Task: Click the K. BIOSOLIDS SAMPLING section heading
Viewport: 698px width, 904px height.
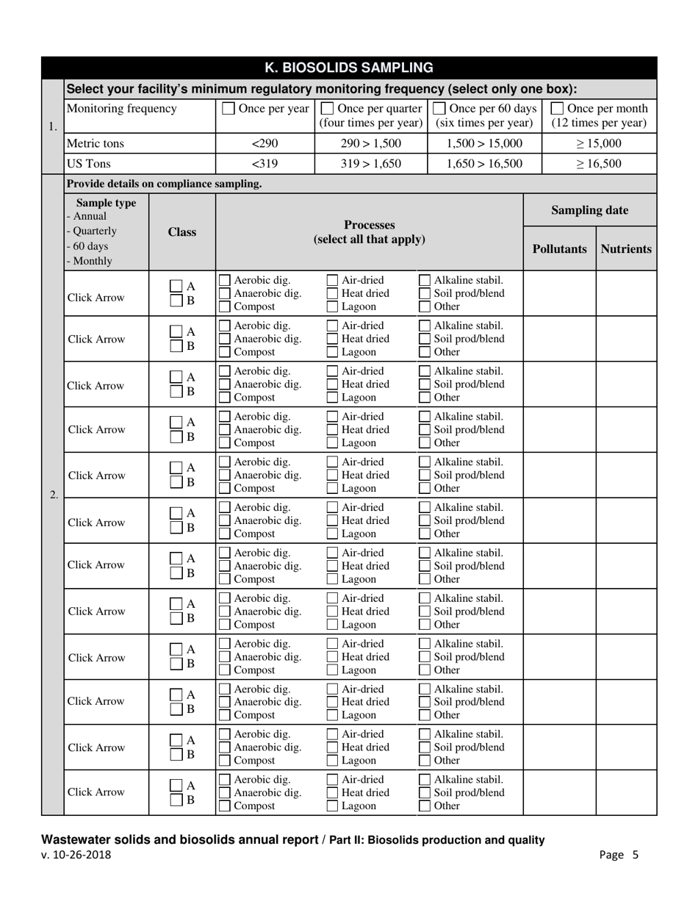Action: coord(348,68)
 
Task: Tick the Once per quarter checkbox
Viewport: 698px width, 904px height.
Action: coord(327,109)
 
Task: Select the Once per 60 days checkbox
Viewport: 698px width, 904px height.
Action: coord(438,109)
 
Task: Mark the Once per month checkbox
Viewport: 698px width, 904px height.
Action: coord(558,109)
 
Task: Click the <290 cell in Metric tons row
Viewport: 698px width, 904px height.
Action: coord(265,143)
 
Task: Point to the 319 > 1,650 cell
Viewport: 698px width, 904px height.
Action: coord(370,163)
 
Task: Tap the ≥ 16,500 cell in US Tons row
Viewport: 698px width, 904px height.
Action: coord(598,163)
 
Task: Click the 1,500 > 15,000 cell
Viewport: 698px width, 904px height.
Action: coord(483,143)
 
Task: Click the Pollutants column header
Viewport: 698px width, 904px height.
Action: coord(559,248)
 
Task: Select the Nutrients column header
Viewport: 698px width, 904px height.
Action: coord(626,248)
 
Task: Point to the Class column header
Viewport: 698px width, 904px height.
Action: coord(181,232)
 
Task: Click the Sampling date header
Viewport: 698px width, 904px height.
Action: coord(589,210)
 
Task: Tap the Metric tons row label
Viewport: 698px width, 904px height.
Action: coord(96,143)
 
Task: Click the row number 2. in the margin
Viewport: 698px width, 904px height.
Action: coord(53,495)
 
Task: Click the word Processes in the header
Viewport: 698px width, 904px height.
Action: coord(369,225)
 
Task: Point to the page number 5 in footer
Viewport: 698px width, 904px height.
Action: coord(636,855)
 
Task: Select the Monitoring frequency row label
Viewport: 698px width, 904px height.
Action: coord(121,109)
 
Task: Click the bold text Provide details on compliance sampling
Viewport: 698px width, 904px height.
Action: coord(164,184)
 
